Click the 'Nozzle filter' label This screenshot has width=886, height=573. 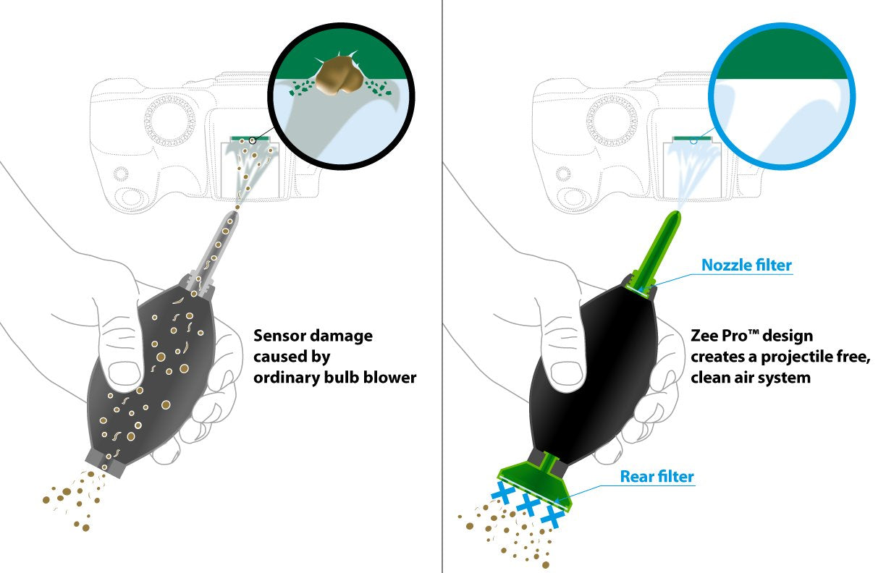(746, 265)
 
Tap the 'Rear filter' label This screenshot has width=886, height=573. (657, 476)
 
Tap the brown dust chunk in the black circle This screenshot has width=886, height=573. (339, 75)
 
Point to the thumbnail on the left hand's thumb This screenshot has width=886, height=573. (123, 373)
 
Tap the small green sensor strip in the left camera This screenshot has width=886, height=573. (250, 138)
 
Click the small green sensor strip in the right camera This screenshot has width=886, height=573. (692, 138)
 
